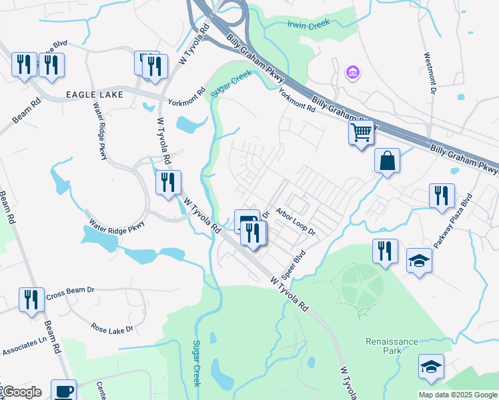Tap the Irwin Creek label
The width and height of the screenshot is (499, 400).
point(309,25)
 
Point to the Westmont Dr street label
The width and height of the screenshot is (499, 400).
point(430,73)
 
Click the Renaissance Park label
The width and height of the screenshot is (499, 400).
point(392,347)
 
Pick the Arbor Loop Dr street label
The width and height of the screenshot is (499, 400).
point(295,222)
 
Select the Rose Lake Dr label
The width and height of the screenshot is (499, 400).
point(112,329)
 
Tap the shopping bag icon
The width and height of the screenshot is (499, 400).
point(387,161)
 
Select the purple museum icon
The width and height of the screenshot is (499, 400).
point(352,71)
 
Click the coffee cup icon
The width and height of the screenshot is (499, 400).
point(63,391)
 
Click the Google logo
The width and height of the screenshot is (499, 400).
point(21,392)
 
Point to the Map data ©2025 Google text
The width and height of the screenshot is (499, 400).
point(458,395)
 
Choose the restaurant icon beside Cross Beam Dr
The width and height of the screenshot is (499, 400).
point(31,300)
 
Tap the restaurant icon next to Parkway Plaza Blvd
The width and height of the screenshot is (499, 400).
point(441,195)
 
